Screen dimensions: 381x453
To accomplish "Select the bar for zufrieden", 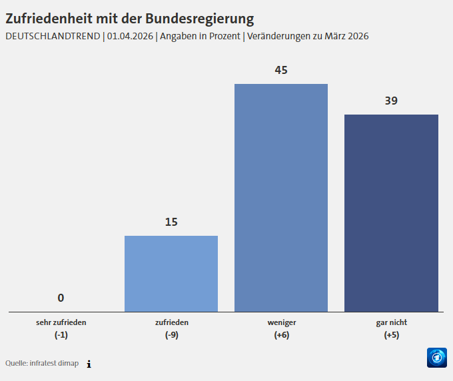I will pos(171,274).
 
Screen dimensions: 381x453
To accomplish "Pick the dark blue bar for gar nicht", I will pos(391,213).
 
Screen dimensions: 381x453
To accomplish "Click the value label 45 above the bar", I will pos(281,70).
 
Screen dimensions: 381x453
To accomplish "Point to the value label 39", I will pos(391,101).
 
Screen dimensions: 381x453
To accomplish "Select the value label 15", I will pos(171,222).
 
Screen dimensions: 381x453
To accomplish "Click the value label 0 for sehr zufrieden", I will pos(61,298).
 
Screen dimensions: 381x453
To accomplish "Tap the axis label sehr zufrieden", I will pos(61,322).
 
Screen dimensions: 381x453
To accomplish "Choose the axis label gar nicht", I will pos(391,322).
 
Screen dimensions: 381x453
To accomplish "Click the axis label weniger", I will pos(281,322).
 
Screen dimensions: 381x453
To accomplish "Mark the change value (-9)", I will pos(171,335).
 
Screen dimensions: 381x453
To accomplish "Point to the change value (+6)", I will pos(281,335).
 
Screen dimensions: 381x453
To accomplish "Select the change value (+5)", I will pos(391,335).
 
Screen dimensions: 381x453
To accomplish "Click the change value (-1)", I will pos(61,335).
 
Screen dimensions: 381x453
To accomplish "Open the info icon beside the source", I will pos(89,364).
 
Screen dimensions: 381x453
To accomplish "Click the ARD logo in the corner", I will pos(436,358).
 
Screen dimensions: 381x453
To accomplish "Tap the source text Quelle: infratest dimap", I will pos(42,364).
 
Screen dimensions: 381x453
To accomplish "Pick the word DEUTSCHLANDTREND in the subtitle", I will pos(53,36).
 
